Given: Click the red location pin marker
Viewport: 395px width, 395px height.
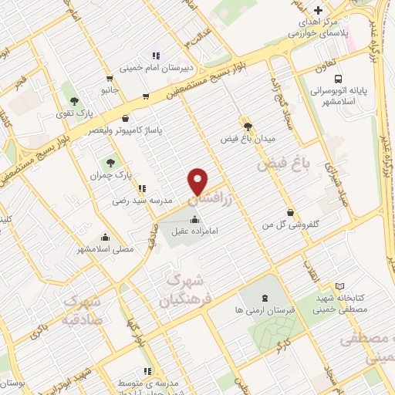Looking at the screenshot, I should (198, 181).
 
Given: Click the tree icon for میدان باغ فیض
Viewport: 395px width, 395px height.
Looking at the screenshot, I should (247, 127).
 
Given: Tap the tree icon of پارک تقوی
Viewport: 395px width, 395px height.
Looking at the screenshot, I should (74, 101).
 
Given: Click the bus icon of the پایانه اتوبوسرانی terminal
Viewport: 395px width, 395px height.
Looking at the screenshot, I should (338, 78).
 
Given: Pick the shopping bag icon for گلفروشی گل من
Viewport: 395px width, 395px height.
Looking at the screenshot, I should (289, 212).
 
